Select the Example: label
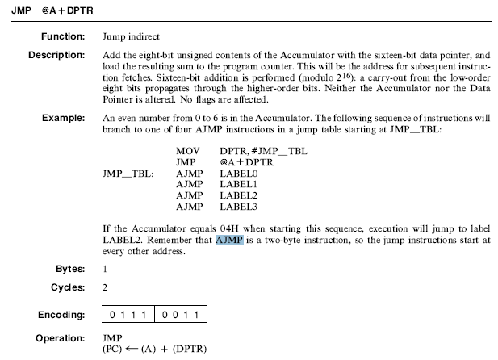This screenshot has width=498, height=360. tap(63, 118)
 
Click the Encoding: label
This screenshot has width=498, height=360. tap(62, 313)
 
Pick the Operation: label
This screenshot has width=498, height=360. tap(60, 337)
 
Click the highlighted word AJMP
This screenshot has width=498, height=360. tap(229, 240)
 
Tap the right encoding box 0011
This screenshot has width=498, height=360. tap(182, 313)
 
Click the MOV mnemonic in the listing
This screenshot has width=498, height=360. tap(186, 151)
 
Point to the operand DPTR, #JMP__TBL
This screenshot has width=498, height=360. tap(262, 151)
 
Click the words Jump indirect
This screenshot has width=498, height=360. tap(131, 37)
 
